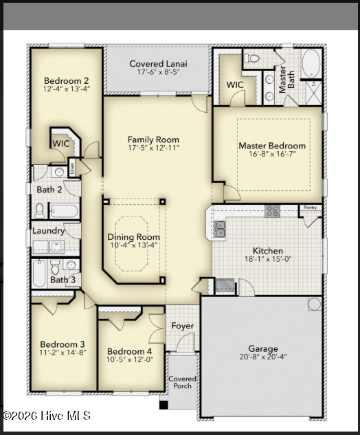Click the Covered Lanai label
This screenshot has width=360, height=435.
158,63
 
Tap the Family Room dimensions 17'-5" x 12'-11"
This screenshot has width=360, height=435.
153,148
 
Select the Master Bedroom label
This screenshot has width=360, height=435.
272,146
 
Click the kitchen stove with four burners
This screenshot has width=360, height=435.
272,212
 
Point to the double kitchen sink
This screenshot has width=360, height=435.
219,230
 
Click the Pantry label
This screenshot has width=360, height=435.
310,208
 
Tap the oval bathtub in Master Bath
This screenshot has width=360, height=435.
311,63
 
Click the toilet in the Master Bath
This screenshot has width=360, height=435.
251,58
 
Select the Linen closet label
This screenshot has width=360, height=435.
72,168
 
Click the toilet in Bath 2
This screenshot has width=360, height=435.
40,210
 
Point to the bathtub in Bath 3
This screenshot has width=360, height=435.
39,273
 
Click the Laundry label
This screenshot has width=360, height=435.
48,231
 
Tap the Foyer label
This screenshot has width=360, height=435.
183,326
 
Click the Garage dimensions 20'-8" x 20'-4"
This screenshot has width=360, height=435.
263,357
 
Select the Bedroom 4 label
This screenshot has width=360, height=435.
130,351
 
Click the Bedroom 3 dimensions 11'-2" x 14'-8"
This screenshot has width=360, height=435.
63,353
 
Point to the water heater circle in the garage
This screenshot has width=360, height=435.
314,304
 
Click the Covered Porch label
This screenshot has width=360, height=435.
182,382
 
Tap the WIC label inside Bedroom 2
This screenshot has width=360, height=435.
61,144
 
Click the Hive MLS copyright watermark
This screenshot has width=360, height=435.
47,416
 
